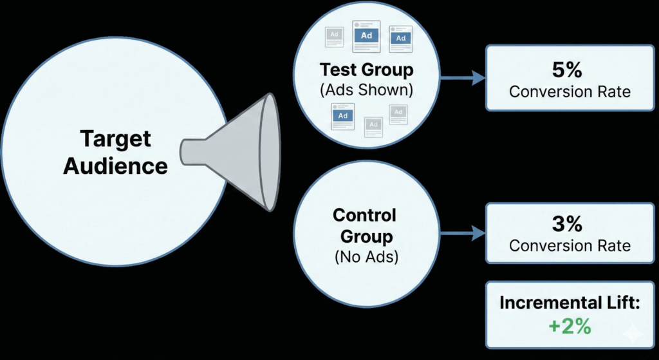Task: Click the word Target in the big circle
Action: [x=116, y=139]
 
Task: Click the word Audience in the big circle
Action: [x=116, y=166]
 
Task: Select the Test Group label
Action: [x=367, y=69]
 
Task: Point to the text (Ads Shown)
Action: [x=367, y=90]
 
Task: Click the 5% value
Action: [x=570, y=69]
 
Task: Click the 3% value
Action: [x=570, y=223]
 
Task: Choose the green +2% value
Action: [x=570, y=326]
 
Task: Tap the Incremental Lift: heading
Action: [x=570, y=303]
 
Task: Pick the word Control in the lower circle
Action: [x=365, y=215]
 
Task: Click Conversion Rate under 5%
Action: [x=570, y=91]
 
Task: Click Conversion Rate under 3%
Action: [x=570, y=245]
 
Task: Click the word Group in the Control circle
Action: [x=365, y=236]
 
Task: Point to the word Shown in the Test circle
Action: [x=386, y=90]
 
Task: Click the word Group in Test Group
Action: [x=390, y=69]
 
